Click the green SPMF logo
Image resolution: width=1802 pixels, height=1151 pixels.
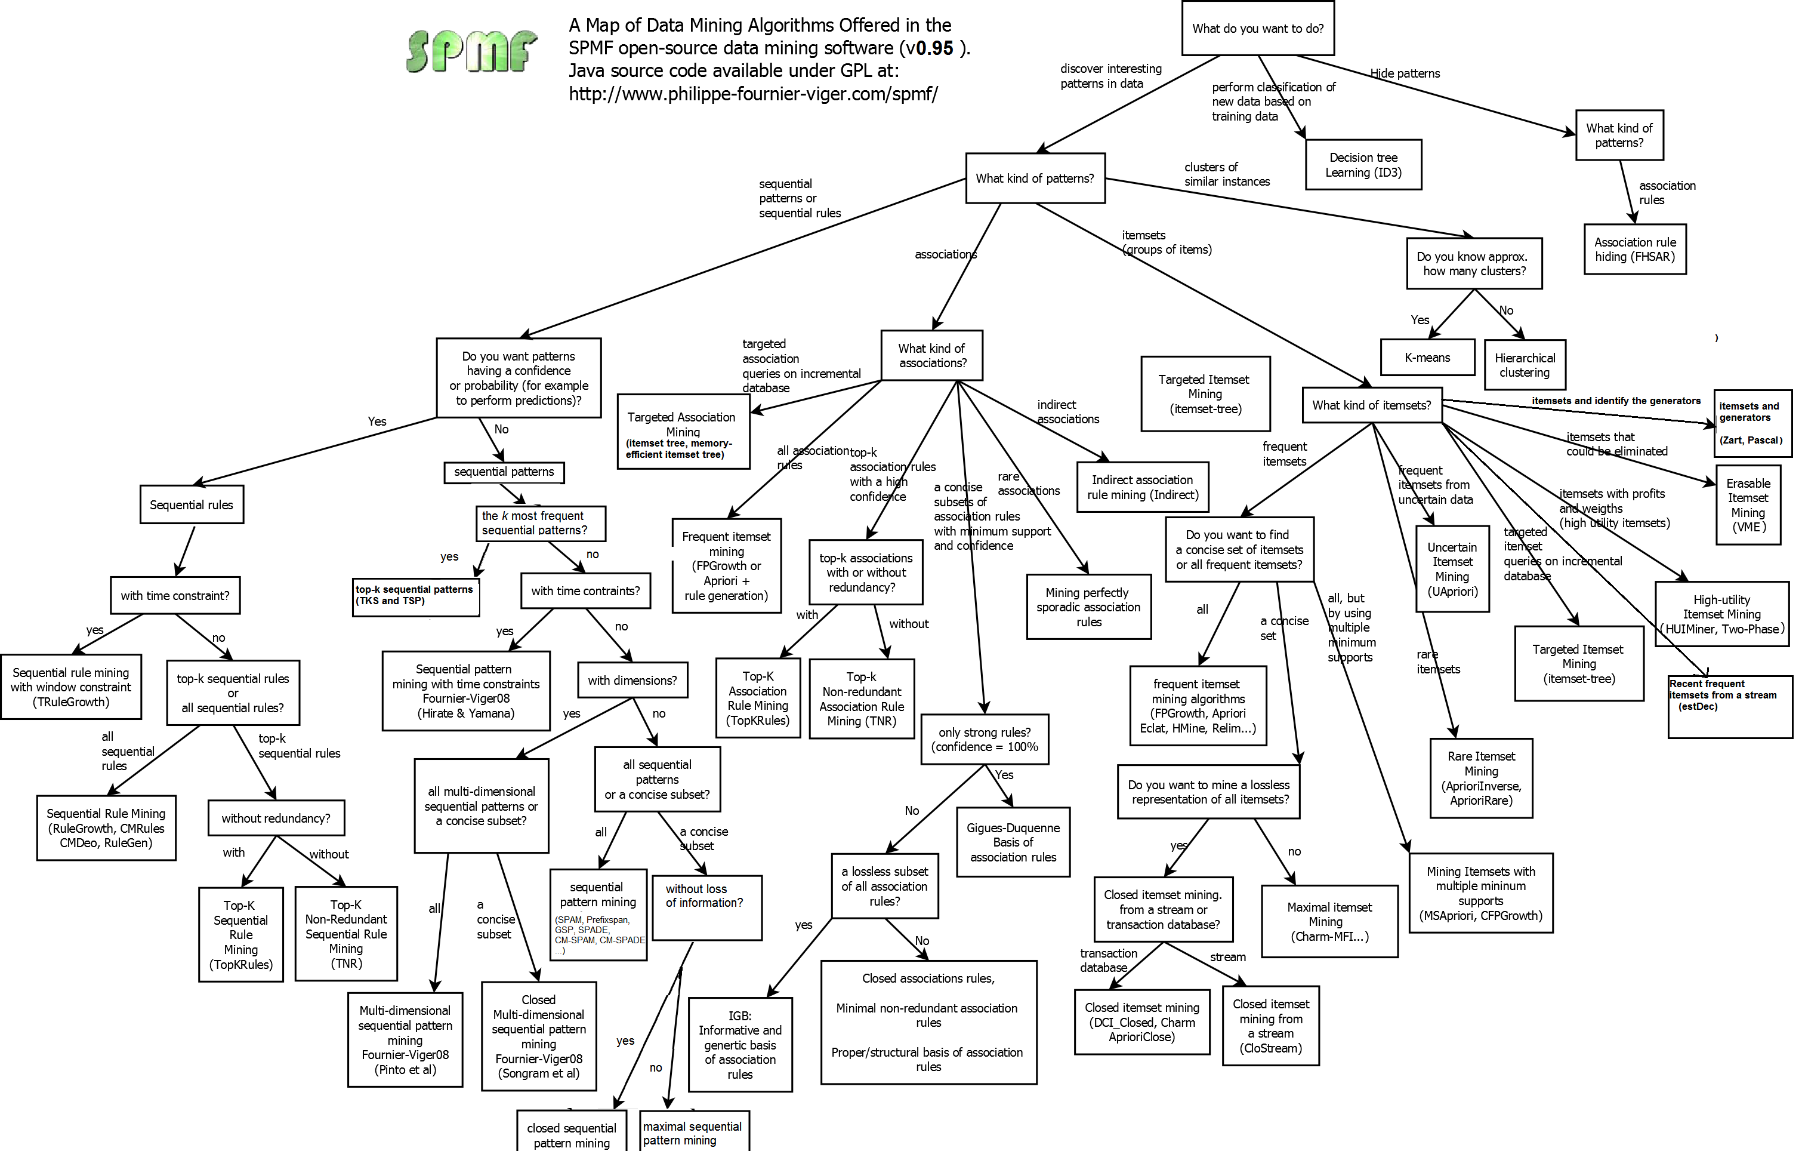tap(471, 51)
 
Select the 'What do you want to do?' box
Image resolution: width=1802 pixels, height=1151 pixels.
tap(1257, 29)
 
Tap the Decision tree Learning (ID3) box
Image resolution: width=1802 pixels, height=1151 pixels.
tap(1363, 165)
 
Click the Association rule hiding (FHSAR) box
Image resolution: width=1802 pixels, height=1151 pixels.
tap(1634, 250)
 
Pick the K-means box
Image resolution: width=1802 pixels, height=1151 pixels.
tap(1427, 358)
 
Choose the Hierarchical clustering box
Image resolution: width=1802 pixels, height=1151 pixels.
tap(1525, 365)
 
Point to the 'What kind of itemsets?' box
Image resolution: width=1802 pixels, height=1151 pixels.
tap(1371, 405)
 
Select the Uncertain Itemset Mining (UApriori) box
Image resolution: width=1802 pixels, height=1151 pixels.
tap(1452, 569)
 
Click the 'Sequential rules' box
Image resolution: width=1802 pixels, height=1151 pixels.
tap(192, 504)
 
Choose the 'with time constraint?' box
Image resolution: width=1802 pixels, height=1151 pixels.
tap(175, 595)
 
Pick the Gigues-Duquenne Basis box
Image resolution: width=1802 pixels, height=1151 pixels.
tap(1013, 842)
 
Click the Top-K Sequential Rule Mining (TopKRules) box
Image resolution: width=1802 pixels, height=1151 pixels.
tap(241, 934)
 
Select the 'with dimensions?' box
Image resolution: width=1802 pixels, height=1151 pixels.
tap(632, 680)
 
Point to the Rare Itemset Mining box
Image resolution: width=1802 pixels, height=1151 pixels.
tap(1480, 778)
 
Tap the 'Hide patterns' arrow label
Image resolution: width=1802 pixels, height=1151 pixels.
tap(1405, 73)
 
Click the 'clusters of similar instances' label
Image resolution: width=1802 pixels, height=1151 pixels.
tap(1227, 174)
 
